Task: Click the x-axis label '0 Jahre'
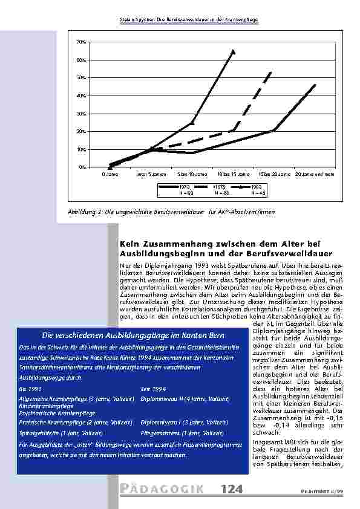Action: [110, 173]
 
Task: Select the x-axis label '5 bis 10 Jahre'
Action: [191, 173]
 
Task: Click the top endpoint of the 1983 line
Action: [233, 51]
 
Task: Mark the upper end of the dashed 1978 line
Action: [272, 71]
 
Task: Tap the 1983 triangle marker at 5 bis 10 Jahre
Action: [192, 122]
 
